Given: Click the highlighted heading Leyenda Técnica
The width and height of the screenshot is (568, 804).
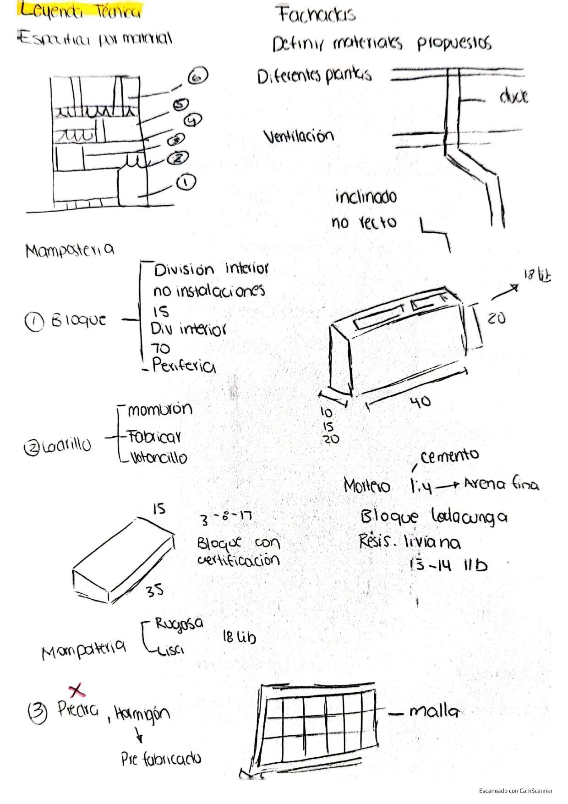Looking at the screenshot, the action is [79, 11].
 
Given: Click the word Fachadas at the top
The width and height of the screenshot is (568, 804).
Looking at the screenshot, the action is [316, 15].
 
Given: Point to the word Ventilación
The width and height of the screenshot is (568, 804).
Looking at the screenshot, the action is [298, 136].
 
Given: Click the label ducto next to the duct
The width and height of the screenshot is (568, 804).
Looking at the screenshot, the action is [513, 97].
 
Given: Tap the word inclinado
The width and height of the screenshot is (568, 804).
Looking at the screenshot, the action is [366, 197].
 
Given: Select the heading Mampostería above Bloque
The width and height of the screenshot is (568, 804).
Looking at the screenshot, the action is [70, 250].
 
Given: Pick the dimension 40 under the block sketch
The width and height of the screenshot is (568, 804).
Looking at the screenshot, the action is [420, 402].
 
